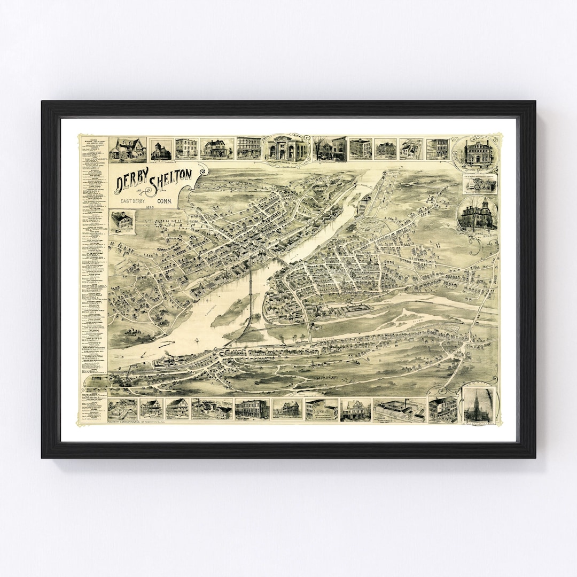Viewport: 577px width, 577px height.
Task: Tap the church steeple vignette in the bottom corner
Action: coord(479,405)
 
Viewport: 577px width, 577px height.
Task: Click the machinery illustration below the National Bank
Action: coord(480,184)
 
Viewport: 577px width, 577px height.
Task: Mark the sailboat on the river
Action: coord(196,340)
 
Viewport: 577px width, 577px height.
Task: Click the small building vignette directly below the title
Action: coord(122,221)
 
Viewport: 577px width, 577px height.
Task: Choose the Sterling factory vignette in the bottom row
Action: coord(400,409)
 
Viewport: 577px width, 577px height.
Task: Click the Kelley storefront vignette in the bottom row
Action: coord(322,409)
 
